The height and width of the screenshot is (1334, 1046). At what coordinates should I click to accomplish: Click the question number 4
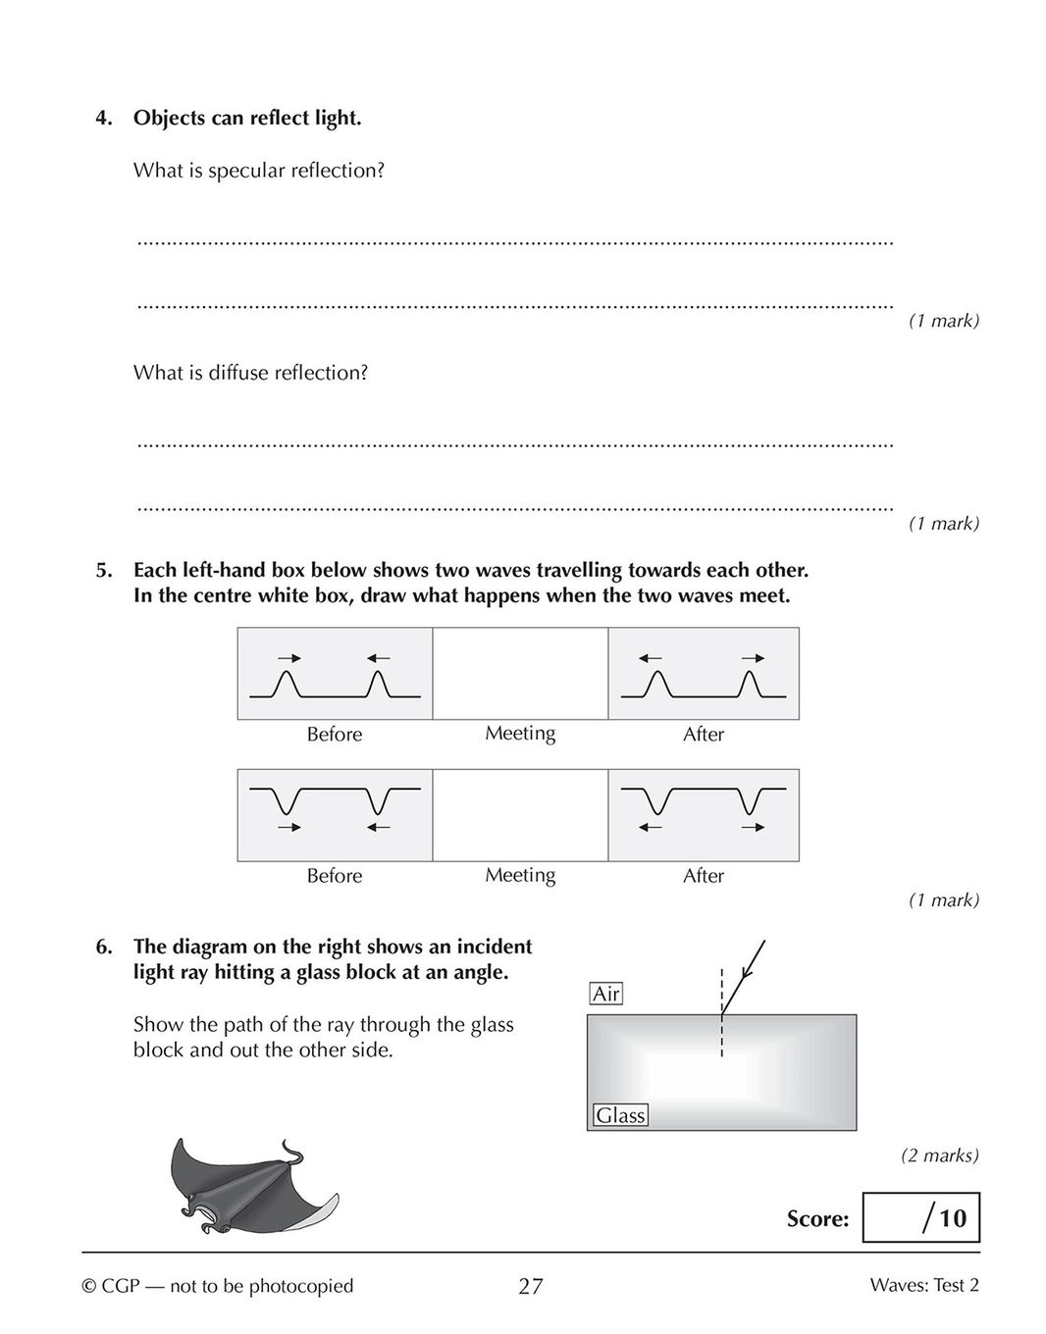point(103,119)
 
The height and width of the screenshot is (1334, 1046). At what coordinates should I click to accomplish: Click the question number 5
point(103,571)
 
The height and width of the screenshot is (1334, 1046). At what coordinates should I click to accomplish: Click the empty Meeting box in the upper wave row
point(520,673)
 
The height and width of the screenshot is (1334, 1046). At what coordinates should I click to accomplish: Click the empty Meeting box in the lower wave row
point(520,815)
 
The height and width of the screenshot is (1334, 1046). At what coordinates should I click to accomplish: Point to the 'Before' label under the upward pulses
point(335,735)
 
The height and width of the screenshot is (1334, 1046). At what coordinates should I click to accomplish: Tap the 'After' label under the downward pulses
point(704,876)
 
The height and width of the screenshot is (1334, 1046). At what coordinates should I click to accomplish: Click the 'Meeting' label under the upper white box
point(520,734)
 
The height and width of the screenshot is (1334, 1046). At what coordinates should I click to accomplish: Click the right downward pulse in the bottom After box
point(752,800)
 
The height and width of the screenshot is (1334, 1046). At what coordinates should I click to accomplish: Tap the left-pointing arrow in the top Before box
point(379,657)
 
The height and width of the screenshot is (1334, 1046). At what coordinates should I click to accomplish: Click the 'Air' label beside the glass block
point(606,994)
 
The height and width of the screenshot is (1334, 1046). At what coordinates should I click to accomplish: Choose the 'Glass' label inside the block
point(620,1115)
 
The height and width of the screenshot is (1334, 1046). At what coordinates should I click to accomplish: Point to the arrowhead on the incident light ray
point(747,972)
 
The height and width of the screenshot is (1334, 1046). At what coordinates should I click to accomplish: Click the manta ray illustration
point(250,1188)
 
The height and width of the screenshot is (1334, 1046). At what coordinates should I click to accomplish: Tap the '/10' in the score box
point(944,1218)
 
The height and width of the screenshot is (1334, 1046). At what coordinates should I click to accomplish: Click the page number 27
point(530,1286)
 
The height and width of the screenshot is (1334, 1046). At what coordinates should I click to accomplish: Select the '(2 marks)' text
point(940,1155)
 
